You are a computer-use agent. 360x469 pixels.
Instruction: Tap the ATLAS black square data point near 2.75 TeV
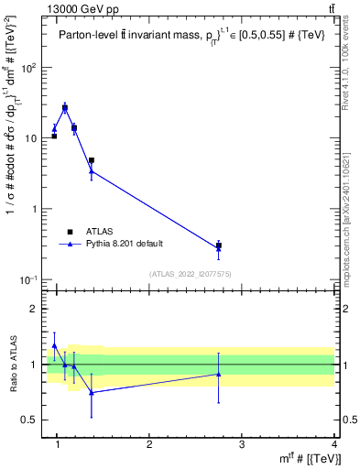pos(218,245)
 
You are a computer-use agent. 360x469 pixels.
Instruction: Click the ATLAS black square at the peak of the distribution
pos(65,108)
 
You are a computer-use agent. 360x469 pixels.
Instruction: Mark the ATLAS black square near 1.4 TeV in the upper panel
pos(92,160)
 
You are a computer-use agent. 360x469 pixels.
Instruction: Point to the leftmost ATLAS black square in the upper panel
pos(55,136)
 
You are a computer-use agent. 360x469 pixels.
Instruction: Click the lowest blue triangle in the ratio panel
pos(92,392)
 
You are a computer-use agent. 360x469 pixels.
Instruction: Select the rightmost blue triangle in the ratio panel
pos(218,374)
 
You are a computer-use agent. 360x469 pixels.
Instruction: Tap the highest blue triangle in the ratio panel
pos(55,346)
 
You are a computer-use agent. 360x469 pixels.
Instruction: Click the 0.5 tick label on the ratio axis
pos(35,420)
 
